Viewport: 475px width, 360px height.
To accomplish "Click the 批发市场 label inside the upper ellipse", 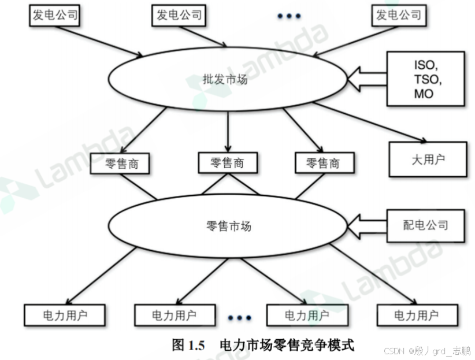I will coord(225,79).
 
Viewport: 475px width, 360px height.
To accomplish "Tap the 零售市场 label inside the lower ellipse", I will coord(228,226).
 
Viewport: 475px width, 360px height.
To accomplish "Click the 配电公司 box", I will coord(425,224).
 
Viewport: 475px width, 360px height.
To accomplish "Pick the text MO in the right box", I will coord(424,94).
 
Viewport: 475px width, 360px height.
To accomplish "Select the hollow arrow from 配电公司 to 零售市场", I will coord(368,225).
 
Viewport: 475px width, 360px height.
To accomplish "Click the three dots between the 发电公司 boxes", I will coord(289,16).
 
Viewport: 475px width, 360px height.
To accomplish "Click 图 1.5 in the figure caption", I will coord(189,346).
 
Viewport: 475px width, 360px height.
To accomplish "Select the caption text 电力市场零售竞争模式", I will coord(287,346).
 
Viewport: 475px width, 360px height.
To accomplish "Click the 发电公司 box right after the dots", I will coord(398,15).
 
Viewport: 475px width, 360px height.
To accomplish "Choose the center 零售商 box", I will coord(228,163).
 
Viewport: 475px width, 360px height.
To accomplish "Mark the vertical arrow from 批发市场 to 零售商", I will coord(229,131).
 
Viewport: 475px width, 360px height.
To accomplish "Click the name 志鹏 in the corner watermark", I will coord(461,351).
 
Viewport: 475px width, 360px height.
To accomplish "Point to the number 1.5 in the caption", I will coord(196,346).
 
